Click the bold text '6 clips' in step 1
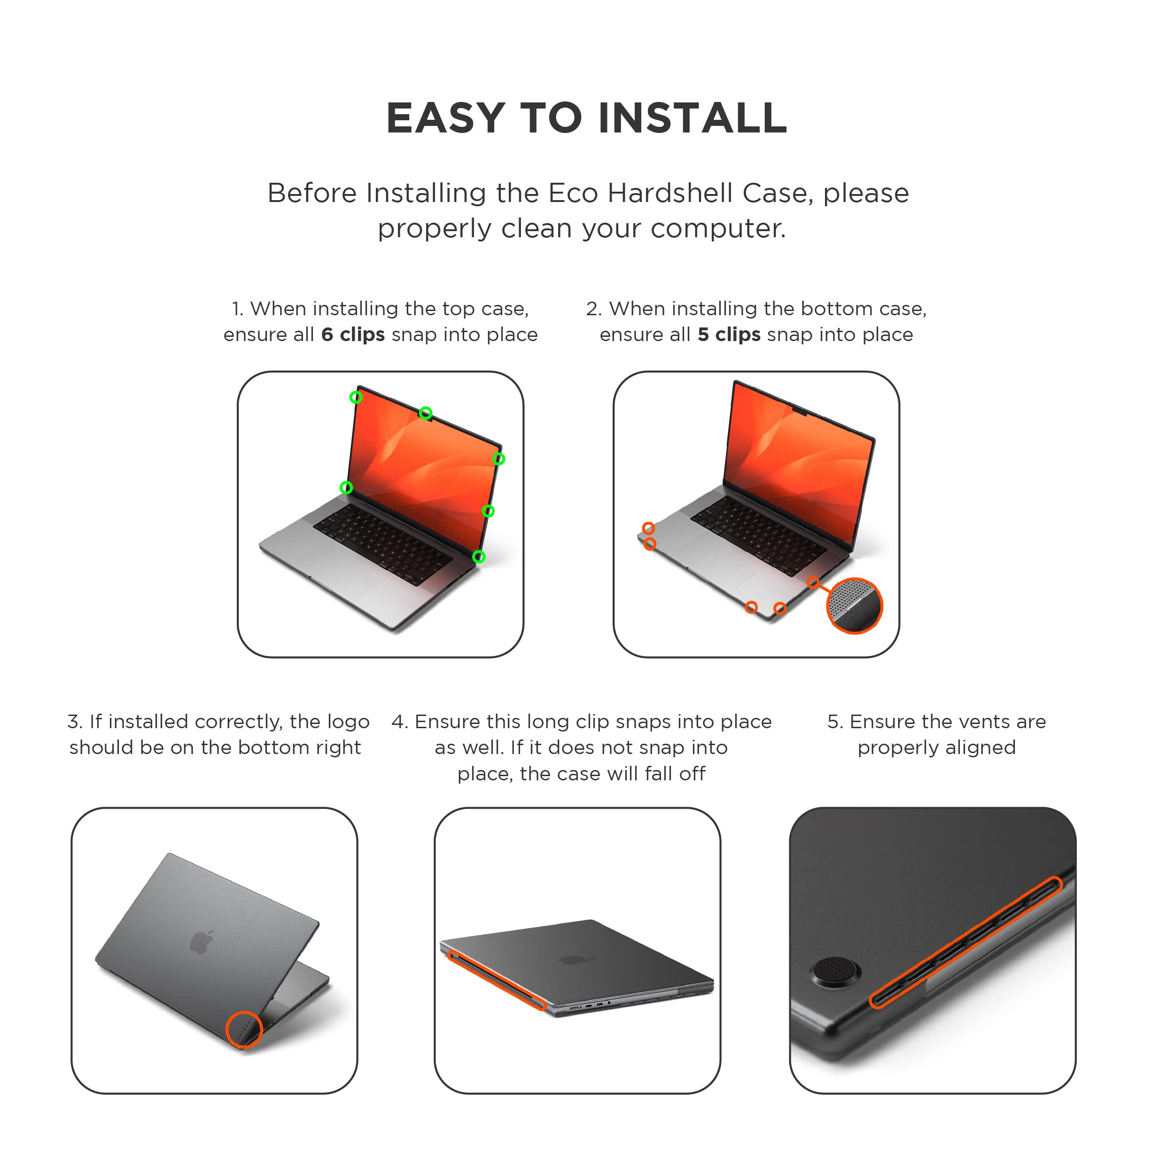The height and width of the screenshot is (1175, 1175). point(353,335)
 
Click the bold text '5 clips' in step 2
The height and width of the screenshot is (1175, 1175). point(729,335)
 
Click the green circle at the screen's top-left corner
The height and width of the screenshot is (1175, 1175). point(356,397)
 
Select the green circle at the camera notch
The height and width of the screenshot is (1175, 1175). point(426,413)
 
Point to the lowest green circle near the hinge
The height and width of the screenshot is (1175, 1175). point(479,556)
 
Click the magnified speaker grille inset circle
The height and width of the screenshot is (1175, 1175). point(855,606)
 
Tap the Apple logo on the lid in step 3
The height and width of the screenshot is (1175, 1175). point(202,942)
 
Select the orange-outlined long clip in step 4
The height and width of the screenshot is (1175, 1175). point(496,979)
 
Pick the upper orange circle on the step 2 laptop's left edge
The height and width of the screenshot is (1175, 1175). point(648,528)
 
